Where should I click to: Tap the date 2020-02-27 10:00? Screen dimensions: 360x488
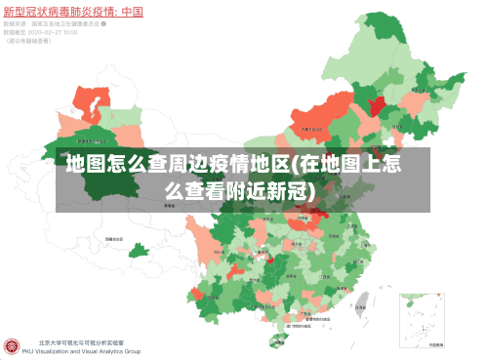pyautogui.click(x=49, y=33)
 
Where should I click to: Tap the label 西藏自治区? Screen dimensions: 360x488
pyautogui.click(x=114, y=237)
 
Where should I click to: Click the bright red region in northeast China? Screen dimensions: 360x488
pyautogui.click(x=375, y=99)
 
